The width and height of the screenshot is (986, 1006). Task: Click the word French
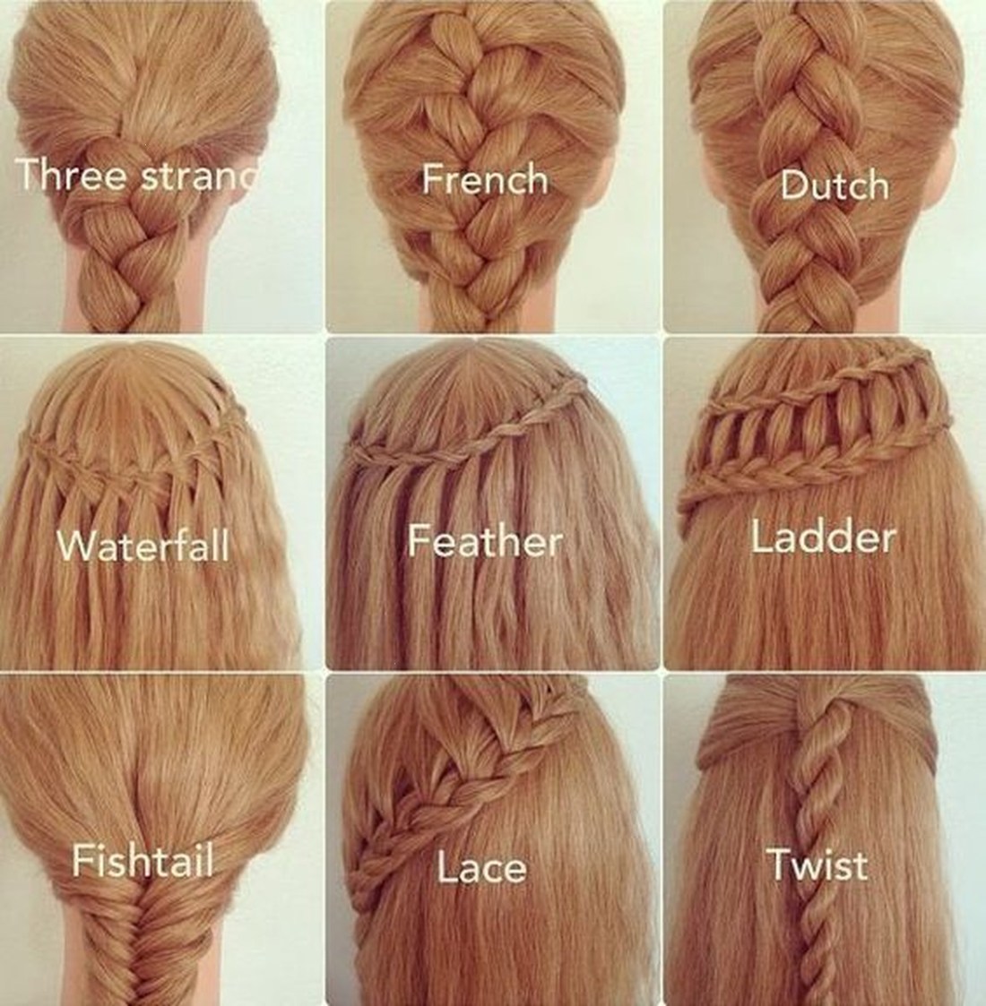pos(485,179)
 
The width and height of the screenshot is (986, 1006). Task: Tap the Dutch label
pos(835,185)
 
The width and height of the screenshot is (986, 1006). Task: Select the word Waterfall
pos(143,546)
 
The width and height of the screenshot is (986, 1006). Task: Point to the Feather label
pos(485,540)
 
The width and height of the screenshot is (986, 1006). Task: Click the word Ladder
pos(823,537)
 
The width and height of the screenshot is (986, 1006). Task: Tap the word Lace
pos(481,867)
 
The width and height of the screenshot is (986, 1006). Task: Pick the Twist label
pos(817,864)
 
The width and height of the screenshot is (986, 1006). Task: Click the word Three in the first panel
pos(71,174)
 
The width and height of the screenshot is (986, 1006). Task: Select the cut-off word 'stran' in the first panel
pos(199,176)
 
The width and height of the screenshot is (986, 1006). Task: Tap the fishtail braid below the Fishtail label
pos(143,943)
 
